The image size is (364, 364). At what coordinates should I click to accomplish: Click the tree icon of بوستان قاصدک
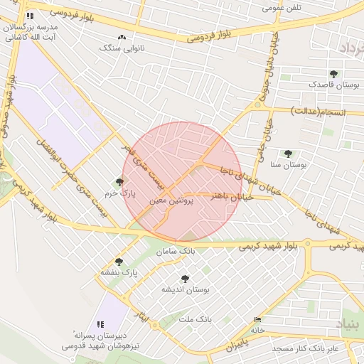[x=334, y=73]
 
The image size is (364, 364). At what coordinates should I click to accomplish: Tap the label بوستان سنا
[x=289, y=164]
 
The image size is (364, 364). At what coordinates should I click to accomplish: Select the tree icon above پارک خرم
[x=119, y=182]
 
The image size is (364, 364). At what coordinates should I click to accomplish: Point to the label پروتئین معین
[x=168, y=201]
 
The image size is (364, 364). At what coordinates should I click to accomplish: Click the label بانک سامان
[x=181, y=252]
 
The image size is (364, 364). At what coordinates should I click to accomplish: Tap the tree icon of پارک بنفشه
[x=119, y=262]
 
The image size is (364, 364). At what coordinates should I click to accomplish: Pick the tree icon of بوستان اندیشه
[x=186, y=279]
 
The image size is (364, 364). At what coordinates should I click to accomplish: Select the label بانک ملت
[x=197, y=319]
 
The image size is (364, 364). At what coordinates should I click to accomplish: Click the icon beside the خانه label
[x=257, y=320]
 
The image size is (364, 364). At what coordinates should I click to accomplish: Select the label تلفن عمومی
[x=282, y=8]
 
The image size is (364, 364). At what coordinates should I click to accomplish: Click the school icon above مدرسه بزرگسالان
[x=29, y=16]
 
